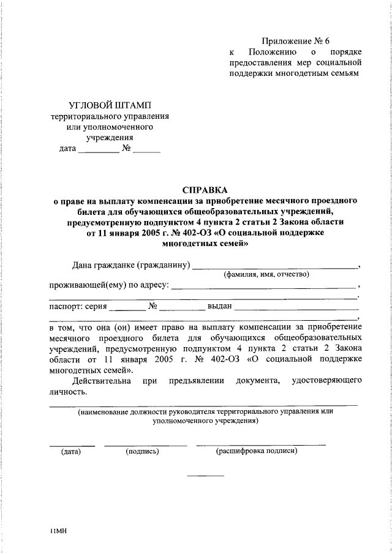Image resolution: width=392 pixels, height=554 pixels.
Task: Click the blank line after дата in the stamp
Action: pyautogui.click(x=99, y=151)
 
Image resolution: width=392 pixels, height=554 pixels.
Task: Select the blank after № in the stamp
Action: pyautogui.click(x=147, y=151)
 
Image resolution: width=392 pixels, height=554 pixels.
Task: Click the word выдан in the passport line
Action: pyautogui.click(x=219, y=306)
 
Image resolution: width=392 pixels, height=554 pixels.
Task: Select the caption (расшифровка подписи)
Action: pyautogui.click(x=257, y=452)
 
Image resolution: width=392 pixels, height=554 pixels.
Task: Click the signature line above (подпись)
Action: pyautogui.click(x=145, y=444)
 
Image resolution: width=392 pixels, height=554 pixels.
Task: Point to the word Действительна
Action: pyautogui.click(x=101, y=381)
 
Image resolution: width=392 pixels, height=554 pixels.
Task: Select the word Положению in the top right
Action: pyautogui.click(x=275, y=53)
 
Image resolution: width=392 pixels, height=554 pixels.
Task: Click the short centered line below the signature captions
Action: pyautogui.click(x=205, y=476)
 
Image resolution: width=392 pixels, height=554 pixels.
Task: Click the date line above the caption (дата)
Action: pyautogui.click(x=72, y=444)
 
